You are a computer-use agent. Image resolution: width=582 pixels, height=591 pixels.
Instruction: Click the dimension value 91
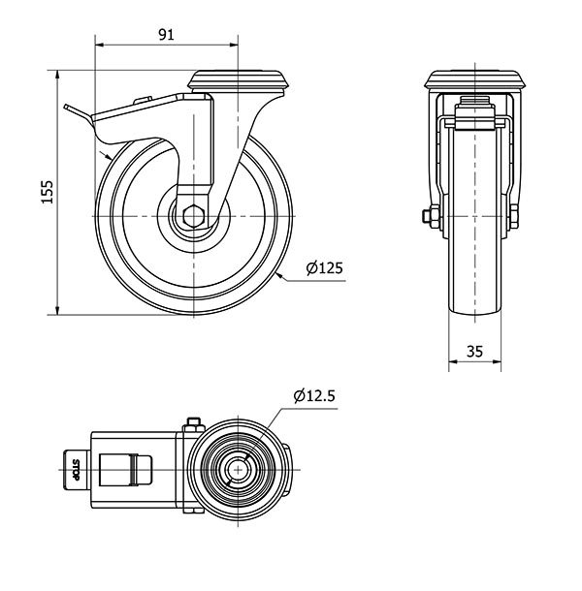pos(166,34)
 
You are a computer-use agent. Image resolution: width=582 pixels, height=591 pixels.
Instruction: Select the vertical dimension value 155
pos(48,192)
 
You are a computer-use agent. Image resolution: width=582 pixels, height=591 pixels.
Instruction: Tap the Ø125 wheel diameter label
pos(325,268)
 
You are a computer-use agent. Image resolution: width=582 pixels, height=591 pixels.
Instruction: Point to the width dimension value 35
pos(474,352)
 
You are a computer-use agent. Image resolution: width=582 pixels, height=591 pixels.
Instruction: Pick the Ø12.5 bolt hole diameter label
pos(314,395)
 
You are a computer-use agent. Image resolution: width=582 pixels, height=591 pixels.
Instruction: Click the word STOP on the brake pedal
pos(76,470)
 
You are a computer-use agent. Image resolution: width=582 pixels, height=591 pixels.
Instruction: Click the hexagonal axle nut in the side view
pos(194,216)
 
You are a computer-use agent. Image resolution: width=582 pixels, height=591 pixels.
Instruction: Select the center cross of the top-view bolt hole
pos(239,470)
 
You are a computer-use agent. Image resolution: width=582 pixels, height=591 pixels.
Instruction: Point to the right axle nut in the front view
pos(514,217)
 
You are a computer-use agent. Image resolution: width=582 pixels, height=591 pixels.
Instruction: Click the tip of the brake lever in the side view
pos(65,107)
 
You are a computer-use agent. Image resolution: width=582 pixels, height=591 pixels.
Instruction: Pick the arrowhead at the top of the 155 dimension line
pos(57,75)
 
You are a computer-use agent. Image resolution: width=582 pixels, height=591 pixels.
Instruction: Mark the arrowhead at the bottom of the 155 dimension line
pos(57,310)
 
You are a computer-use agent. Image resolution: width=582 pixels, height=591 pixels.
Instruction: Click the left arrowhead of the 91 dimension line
pos(100,45)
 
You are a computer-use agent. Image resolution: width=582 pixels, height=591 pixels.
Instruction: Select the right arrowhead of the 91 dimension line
pos(234,45)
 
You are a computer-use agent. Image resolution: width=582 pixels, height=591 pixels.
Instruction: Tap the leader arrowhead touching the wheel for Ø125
pos(279,275)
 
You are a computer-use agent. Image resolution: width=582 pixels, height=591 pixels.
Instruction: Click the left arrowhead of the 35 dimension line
pos(453,361)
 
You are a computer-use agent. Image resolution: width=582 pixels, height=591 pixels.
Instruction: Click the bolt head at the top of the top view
pos(193,424)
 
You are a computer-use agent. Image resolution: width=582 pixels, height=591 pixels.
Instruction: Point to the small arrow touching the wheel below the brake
pos(105,155)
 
